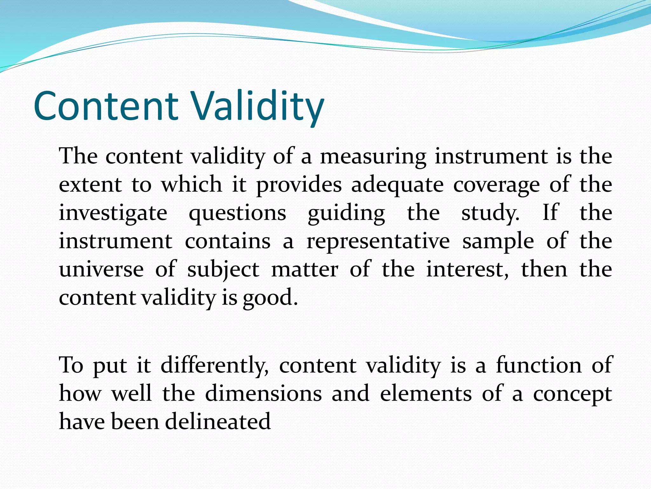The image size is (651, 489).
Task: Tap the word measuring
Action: tap(373, 157)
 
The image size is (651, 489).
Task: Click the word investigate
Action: tap(113, 213)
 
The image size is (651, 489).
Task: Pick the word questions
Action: tap(237, 213)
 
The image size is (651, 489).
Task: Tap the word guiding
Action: tap(346, 213)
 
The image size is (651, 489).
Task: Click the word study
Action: tap(490, 213)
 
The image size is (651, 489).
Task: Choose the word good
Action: tap(270, 298)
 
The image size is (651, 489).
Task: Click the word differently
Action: tap(215, 365)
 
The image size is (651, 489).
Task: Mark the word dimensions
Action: tap(263, 393)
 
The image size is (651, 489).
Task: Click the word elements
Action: tap(426, 393)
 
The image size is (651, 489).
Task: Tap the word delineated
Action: tap(218, 422)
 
